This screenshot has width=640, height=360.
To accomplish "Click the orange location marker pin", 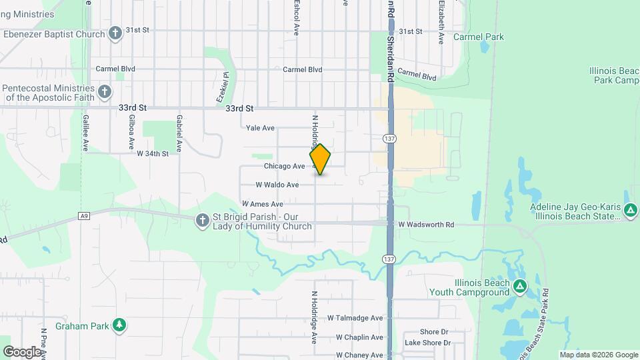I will click(320, 159).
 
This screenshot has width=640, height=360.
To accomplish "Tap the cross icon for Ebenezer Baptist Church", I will click(115, 33).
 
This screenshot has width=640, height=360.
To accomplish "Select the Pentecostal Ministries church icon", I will click(104, 92).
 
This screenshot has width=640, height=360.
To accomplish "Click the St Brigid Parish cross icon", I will click(202, 220).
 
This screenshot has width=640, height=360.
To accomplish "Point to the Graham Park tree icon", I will click(119, 325).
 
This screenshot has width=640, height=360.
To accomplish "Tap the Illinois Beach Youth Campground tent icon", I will click(520, 287).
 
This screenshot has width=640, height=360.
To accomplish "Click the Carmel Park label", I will click(479, 37).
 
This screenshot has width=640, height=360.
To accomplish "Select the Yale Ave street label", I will click(260, 128).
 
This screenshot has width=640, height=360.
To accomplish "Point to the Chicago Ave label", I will click(284, 166).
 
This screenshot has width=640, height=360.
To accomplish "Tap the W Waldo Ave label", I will click(277, 185).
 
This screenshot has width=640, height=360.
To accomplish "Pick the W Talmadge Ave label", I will click(355, 319).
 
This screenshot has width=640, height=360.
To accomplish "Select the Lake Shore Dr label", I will click(428, 343).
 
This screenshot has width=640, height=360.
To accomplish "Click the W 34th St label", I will click(153, 153).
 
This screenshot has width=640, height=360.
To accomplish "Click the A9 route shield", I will click(83, 215).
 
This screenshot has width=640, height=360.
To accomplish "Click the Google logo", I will click(21, 351).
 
